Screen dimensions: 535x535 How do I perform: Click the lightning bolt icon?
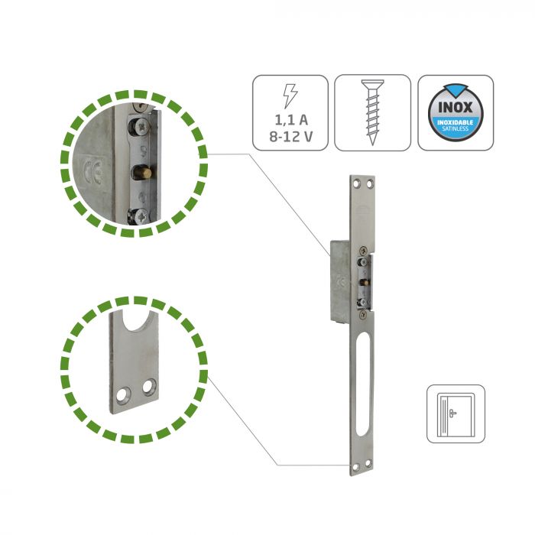pos(290,96)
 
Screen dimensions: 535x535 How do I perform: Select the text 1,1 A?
pos(291,120)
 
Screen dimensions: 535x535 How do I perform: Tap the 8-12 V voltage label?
pos(290,137)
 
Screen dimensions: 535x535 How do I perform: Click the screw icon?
pos(373,112)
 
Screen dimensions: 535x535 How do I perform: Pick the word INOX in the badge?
pos(456,108)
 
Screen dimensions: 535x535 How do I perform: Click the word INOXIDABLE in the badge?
pos(456,122)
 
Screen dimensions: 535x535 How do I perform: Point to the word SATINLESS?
pos(456,128)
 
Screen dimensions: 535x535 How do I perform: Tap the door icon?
pos(456,414)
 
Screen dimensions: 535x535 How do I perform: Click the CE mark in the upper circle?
pos(93,170)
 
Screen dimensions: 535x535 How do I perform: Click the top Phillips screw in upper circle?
pos(140,127)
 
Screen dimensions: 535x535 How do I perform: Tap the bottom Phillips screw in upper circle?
pos(139,216)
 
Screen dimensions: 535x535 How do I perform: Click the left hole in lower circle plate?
pos(123,394)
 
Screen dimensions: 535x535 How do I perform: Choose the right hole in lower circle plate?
pos(149,387)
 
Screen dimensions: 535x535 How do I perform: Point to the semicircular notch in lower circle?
pos(136,322)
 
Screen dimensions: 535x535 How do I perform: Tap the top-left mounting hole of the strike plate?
pos(357,183)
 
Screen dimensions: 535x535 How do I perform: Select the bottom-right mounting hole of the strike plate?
pos(368,463)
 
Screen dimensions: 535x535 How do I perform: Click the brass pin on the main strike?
pos(365,282)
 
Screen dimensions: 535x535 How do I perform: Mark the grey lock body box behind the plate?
pos(340,280)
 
